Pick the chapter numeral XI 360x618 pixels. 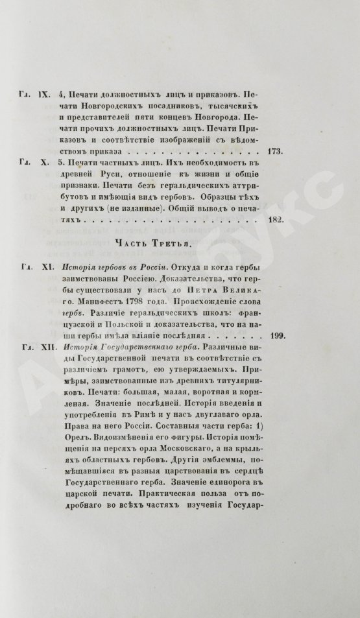(45, 267)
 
